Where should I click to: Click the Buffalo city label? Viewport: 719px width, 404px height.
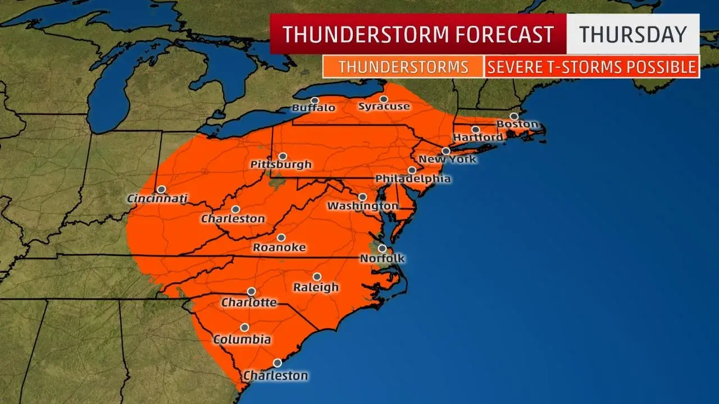[x=313, y=108]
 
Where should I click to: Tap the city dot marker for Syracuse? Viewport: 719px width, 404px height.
[x=384, y=99]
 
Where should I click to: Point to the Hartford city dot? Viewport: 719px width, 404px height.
[x=476, y=130]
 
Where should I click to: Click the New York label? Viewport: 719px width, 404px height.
[x=448, y=159]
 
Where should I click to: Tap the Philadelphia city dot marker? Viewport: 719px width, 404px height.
[x=412, y=170]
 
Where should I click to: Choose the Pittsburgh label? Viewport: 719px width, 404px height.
[x=281, y=164]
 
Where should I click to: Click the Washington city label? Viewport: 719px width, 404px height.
[x=362, y=206]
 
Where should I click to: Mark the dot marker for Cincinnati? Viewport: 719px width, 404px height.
[x=161, y=190]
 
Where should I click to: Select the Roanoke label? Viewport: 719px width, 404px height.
[x=279, y=247]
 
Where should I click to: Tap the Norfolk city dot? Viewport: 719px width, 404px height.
[x=382, y=249]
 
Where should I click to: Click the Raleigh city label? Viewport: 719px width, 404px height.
[x=316, y=287]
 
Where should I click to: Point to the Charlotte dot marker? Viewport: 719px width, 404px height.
[x=251, y=291]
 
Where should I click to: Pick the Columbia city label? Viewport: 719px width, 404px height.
[x=242, y=339]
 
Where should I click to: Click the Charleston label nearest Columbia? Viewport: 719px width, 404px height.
[x=275, y=375]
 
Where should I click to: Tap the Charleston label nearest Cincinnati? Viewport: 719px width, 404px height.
[x=233, y=218]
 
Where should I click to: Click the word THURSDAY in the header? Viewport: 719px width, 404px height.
[x=632, y=34]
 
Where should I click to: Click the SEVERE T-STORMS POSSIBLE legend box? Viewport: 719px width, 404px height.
[x=591, y=67]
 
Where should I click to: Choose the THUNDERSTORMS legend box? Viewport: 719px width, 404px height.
[x=403, y=67]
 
